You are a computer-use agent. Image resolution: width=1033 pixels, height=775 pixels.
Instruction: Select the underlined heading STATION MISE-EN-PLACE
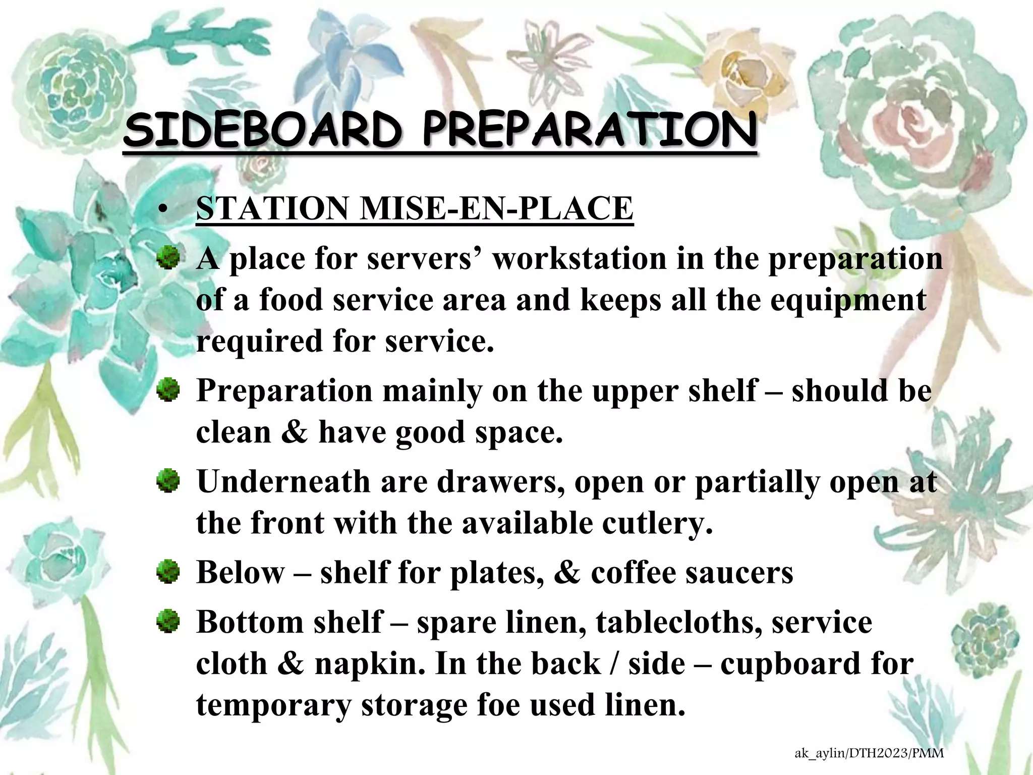coord(414,208)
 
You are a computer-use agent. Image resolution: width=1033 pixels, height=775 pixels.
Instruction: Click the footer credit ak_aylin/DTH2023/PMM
coord(869,754)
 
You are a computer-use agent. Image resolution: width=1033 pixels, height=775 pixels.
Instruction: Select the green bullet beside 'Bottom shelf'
coord(168,622)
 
